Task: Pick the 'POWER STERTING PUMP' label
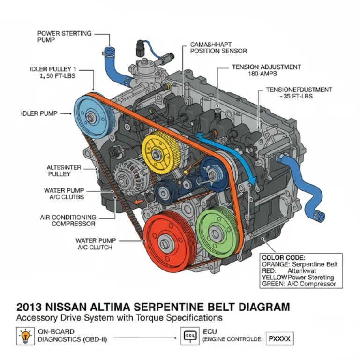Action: point(64,37)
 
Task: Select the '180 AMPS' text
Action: point(264,74)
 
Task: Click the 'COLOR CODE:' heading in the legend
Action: point(283,257)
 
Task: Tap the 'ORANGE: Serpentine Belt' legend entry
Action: point(300,264)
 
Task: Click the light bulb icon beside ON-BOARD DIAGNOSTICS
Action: point(24,336)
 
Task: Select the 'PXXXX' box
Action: point(280,337)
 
